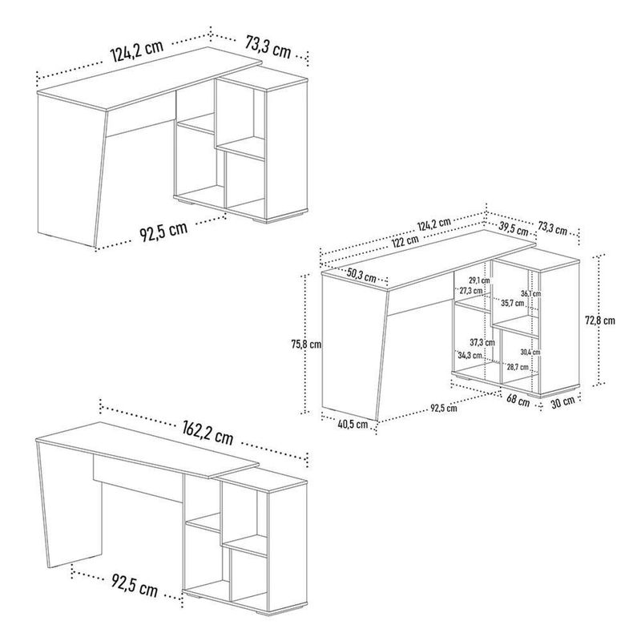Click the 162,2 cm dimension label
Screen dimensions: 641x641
208,433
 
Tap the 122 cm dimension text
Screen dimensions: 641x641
405,241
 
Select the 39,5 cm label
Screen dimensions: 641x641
514,228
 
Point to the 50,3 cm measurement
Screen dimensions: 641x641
361,275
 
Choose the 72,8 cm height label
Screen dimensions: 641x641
599,320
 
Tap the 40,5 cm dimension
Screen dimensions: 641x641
353,425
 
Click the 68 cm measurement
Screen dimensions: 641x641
518,401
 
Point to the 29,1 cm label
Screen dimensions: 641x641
478,280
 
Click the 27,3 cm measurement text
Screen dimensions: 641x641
470,291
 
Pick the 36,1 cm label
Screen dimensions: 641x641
530,293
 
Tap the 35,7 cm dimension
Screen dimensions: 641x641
512,304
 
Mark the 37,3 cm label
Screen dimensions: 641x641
482,342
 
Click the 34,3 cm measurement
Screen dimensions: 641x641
470,355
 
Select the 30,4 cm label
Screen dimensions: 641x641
530,352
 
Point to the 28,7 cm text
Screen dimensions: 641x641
518,367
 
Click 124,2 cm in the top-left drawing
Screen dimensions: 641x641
137,50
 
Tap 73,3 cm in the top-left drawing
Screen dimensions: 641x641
268,47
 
